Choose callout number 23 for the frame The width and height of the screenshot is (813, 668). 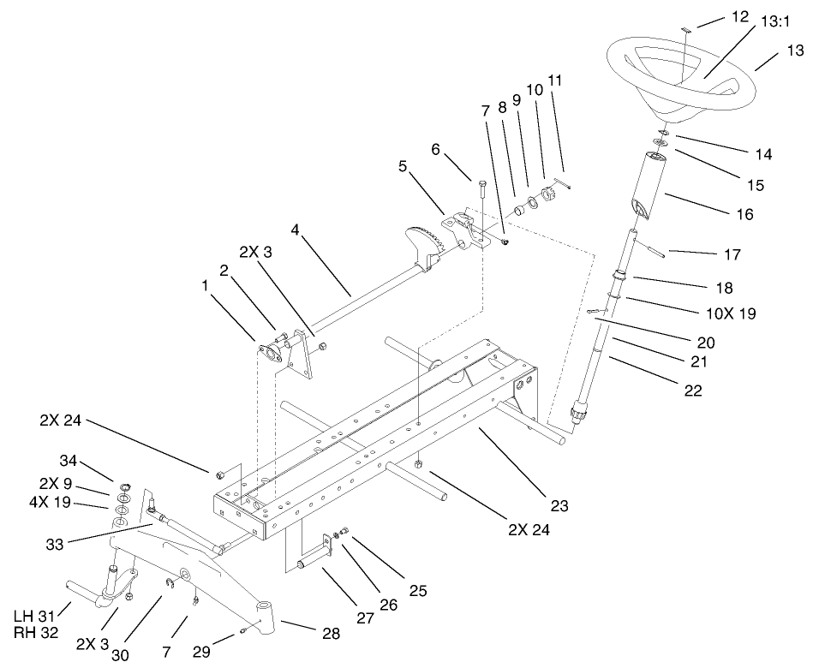tap(559, 505)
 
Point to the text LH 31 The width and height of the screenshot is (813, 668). tap(34, 616)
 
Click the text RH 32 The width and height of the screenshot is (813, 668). tap(34, 633)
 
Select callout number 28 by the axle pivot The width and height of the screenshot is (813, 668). tap(331, 635)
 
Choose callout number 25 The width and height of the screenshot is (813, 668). tap(416, 591)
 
